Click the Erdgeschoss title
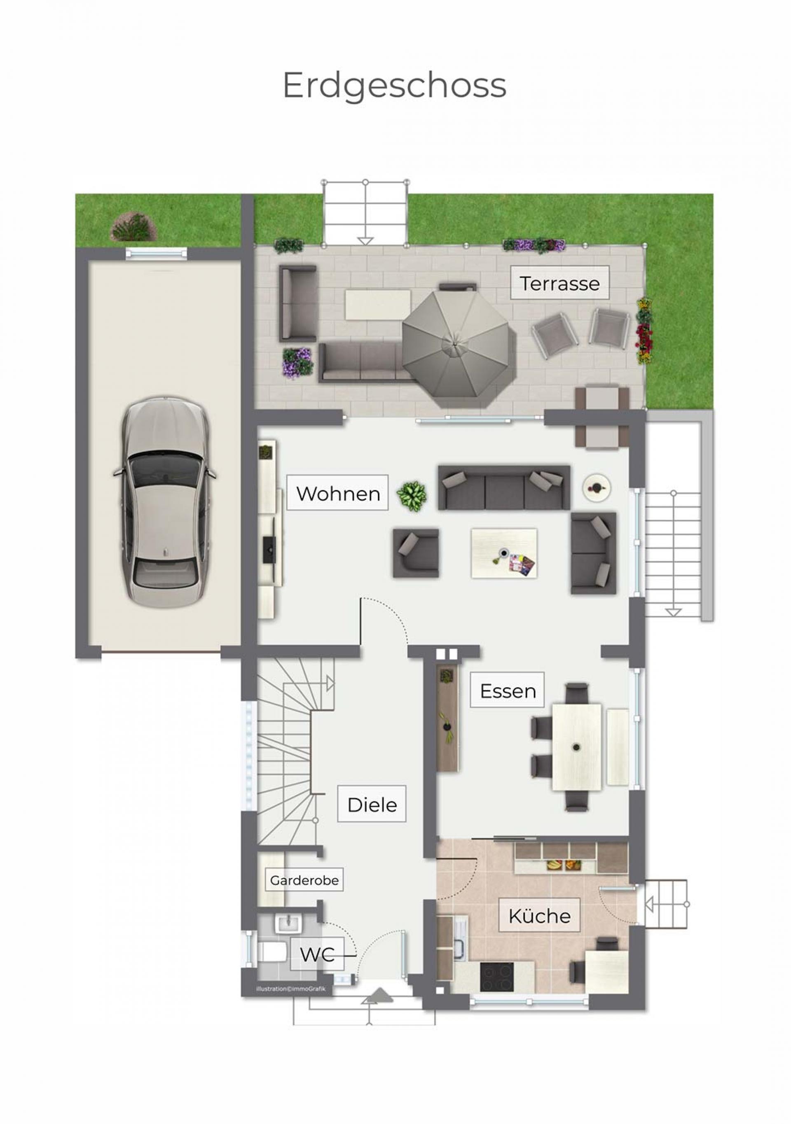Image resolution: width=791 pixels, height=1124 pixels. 394,86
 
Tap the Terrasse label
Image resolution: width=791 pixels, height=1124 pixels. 560,283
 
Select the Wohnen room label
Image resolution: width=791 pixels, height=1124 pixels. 338,494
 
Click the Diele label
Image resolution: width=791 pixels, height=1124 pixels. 372,805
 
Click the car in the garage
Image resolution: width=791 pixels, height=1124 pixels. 165,502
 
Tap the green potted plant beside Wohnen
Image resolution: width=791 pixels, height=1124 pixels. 412,497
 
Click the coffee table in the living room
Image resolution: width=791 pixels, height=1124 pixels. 504,553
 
